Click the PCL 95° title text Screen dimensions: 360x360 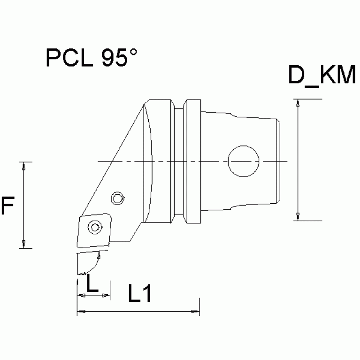[92, 58]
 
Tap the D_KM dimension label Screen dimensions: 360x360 [322, 76]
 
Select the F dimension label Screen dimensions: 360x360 [8, 206]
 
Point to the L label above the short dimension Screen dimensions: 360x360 [93, 283]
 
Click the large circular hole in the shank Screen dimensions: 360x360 [243, 161]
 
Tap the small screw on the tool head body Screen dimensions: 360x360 [117, 199]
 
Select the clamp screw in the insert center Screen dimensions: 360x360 [96, 228]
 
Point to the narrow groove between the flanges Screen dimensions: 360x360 [178, 161]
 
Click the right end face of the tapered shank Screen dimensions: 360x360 [279, 161]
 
